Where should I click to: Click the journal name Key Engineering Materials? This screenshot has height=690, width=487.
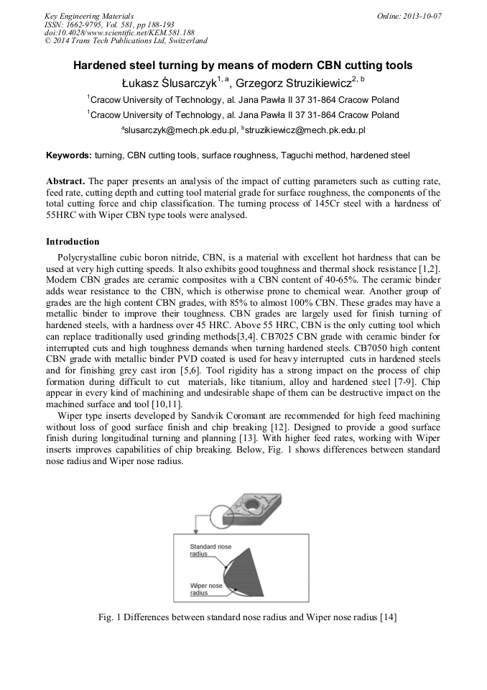[88, 15]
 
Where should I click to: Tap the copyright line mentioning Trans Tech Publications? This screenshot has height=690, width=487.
[126, 41]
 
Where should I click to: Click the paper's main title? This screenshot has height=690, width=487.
[243, 65]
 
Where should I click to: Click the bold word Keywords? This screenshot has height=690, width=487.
[69, 155]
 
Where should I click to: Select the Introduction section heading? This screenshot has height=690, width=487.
[73, 241]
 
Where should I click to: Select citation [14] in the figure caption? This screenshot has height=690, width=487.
[388, 617]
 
